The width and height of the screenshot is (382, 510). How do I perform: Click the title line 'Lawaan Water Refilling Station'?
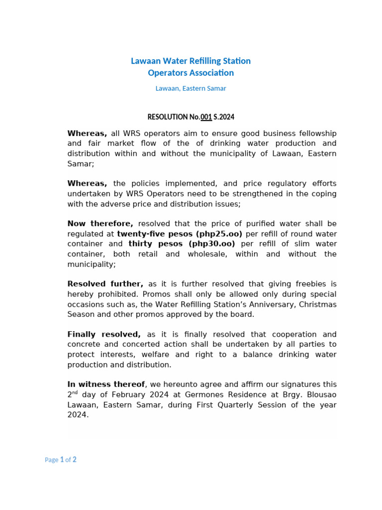click(191, 61)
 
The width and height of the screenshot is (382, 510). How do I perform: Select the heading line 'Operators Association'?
click(191, 73)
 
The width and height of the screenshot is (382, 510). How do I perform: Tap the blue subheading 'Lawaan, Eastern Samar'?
click(191, 88)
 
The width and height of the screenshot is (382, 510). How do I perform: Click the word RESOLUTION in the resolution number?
click(168, 117)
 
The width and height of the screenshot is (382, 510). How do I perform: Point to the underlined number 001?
click(206, 117)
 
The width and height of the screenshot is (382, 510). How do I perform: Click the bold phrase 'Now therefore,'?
click(100, 224)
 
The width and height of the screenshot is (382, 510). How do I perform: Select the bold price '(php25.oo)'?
click(219, 234)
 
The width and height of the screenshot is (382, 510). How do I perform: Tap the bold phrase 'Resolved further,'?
click(105, 284)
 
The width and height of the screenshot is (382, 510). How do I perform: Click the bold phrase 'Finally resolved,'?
click(104, 334)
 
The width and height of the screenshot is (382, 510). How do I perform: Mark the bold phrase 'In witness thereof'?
click(106, 384)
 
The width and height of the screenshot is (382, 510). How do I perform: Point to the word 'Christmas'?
click(317, 304)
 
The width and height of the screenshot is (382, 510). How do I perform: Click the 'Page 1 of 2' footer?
click(61, 460)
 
